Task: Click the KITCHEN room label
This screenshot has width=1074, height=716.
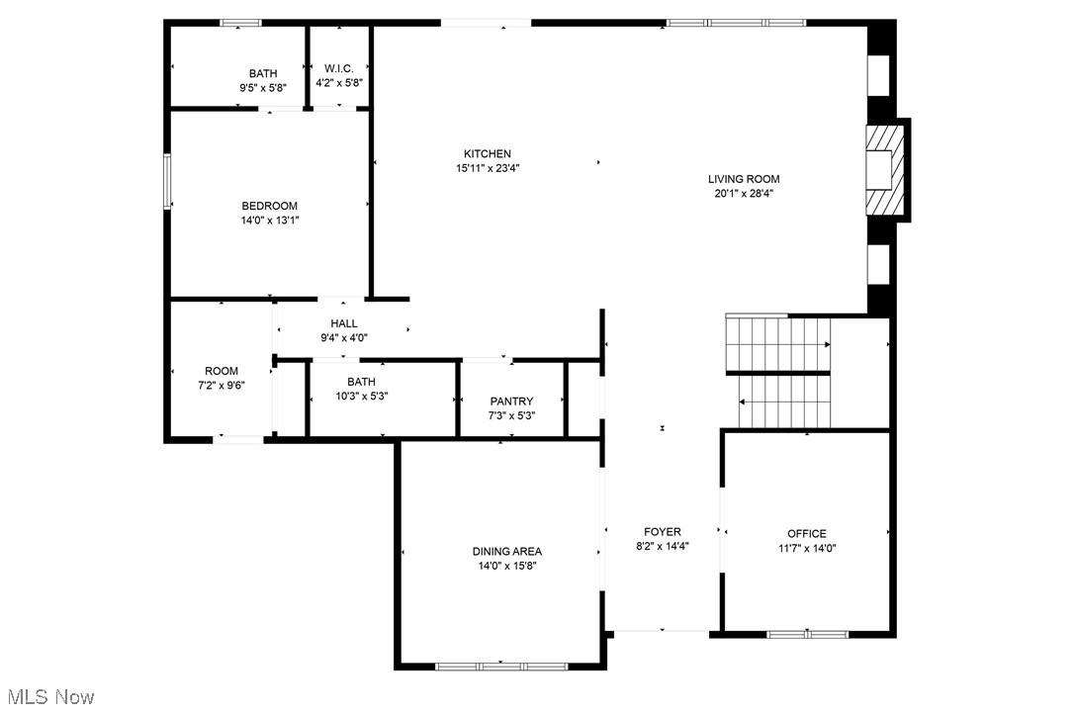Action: click(488, 153)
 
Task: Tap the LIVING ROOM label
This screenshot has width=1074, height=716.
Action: click(744, 179)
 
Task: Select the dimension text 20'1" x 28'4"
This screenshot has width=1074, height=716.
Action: click(744, 194)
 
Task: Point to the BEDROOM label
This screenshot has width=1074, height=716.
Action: click(269, 206)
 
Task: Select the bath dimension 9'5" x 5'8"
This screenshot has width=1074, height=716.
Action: click(263, 88)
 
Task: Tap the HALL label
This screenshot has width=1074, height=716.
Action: click(344, 323)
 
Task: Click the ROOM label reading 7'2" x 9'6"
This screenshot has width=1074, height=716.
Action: click(222, 371)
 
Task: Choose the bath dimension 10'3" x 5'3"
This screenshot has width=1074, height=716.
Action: click(361, 397)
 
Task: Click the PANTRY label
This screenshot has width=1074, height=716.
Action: click(511, 401)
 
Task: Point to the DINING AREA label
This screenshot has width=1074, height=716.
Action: click(506, 551)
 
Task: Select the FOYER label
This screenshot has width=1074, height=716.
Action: click(663, 531)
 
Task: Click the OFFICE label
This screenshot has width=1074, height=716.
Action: click(806, 533)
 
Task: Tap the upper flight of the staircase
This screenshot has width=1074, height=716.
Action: click(777, 342)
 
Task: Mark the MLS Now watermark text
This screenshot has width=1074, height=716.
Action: click(47, 697)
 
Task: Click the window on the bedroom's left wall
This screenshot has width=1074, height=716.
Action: click(167, 181)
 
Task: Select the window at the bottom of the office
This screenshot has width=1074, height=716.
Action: click(808, 633)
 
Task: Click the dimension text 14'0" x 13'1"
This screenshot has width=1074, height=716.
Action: click(269, 221)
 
